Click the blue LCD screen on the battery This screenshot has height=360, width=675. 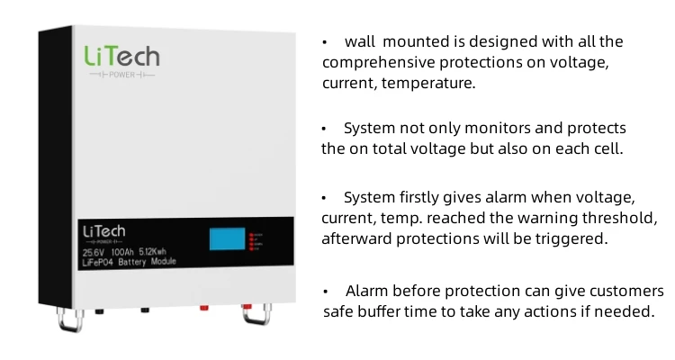point(228,239)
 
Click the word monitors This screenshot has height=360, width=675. point(490,129)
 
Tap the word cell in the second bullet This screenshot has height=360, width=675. point(606,148)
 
